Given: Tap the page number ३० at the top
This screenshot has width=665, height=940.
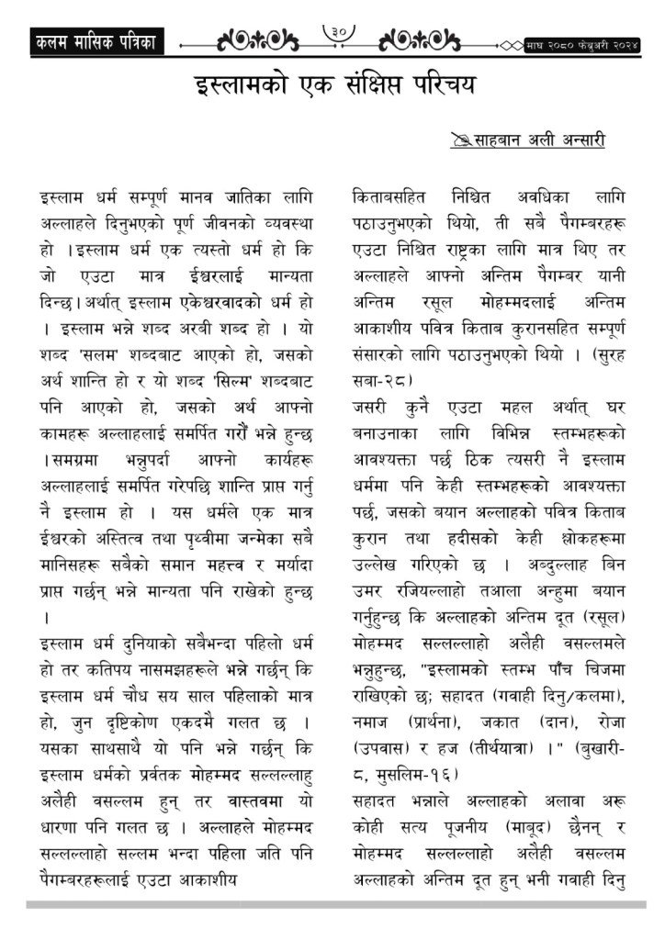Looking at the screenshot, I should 339,35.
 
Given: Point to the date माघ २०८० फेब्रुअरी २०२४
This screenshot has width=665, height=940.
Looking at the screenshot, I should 582,43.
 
